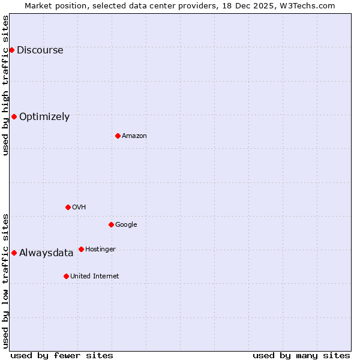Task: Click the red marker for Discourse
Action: tap(11, 50)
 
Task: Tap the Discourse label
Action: tap(40, 50)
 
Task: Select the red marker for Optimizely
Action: tap(14, 116)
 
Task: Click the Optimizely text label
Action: tap(44, 117)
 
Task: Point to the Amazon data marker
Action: tap(118, 136)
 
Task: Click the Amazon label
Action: tap(134, 136)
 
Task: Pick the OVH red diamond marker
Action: tap(68, 207)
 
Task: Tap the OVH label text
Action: tap(79, 208)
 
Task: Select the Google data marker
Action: tap(111, 224)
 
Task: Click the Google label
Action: tap(126, 225)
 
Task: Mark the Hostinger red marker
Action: tap(81, 249)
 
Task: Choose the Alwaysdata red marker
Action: tap(14, 253)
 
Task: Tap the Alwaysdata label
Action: tap(46, 253)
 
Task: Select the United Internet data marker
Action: tap(66, 276)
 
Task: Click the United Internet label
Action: tap(94, 277)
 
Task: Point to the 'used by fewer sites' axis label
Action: tap(62, 355)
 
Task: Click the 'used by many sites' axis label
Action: tap(301, 355)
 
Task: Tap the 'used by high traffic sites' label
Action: tap(5, 85)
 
